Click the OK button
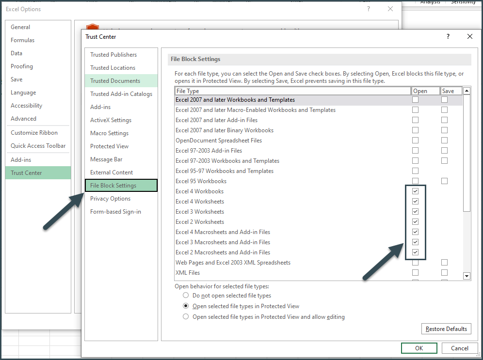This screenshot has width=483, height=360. coord(419,348)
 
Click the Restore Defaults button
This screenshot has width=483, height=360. coord(446,329)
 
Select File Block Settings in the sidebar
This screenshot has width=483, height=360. coord(121,186)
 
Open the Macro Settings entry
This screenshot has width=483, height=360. coord(109,133)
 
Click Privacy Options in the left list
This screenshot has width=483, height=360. coord(110,199)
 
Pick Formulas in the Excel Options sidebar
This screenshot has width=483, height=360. coord(23,40)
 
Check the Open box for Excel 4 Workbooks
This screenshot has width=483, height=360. coord(415,191)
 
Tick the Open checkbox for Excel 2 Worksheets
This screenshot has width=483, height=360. coord(415,222)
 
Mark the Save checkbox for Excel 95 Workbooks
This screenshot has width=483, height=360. coord(444,181)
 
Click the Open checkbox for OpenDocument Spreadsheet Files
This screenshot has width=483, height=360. coord(415,141)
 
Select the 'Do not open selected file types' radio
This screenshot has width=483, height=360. coord(186,296)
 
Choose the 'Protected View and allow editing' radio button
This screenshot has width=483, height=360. coord(186,317)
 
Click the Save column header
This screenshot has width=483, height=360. coord(448,91)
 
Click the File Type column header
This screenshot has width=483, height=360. coord(292,91)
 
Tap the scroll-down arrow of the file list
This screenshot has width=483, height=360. coord(467,276)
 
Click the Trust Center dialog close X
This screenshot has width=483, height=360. coord(469,37)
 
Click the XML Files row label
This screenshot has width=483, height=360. coord(188,273)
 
